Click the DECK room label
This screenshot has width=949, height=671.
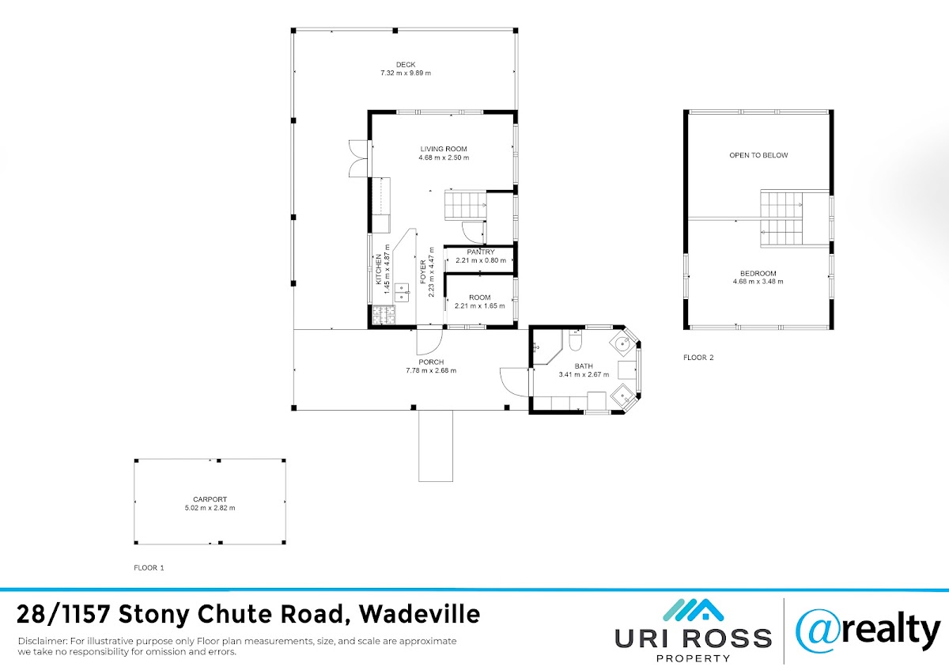coord(406,64)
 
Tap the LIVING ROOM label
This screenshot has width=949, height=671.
coord(444,149)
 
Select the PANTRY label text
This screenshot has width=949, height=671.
coord(481,252)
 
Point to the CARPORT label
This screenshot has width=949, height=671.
coord(210,499)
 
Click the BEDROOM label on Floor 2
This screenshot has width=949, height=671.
coord(758,274)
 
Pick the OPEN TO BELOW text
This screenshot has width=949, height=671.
coord(758,155)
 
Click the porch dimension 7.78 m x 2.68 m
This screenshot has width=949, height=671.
coord(431,370)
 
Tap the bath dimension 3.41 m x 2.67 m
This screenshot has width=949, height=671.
coord(584,375)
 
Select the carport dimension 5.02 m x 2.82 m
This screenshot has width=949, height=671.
coord(210,508)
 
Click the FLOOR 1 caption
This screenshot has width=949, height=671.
coord(149,567)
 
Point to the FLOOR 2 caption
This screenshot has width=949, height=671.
coord(698,358)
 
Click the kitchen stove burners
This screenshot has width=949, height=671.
coord(384,315)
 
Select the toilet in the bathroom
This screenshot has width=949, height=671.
coord(575,340)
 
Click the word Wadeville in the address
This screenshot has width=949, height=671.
coord(419,614)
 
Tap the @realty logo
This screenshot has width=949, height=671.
coord(868,631)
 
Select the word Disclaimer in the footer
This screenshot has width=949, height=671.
coord(42,641)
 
